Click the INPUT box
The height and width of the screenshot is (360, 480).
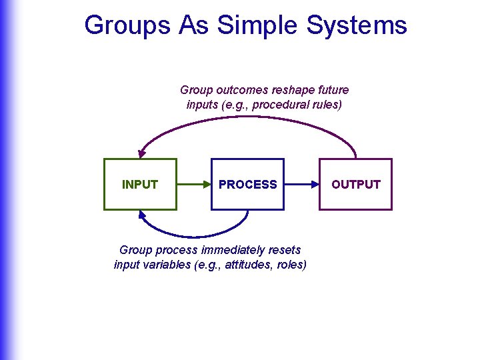140,184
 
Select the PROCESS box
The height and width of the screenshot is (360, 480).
247,184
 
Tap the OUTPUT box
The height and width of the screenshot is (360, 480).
355,184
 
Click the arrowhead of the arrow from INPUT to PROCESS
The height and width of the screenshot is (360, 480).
207,184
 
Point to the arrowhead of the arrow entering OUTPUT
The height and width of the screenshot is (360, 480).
315,184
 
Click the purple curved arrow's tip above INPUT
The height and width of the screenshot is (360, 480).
141,154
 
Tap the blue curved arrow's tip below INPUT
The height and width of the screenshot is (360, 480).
142,214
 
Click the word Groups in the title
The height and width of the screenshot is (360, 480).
127,25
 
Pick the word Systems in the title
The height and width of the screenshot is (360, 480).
357,25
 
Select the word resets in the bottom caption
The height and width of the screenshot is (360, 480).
286,250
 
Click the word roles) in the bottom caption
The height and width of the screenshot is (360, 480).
291,265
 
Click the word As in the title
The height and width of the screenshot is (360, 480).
194,25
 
